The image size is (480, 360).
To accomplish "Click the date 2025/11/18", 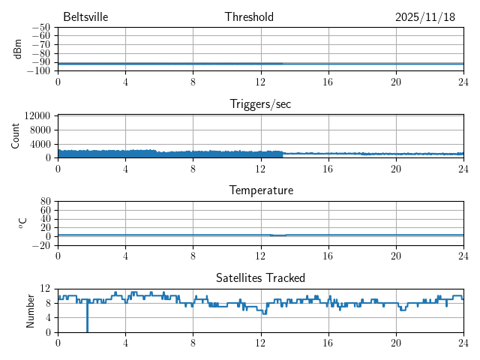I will (425, 17).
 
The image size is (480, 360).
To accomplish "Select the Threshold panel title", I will (249, 17).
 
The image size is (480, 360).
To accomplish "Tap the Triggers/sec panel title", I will (260, 104).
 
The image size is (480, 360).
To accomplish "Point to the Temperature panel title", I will (260, 190).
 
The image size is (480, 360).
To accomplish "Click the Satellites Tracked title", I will (260, 277).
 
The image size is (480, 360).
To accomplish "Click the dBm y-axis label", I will (18, 49).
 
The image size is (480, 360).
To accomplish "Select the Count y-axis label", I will (16, 136).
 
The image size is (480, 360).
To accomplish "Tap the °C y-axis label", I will (22, 223).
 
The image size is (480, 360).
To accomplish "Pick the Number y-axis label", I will (31, 310).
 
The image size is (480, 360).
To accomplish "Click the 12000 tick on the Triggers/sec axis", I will (37, 115).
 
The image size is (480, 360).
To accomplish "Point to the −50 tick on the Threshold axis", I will (40, 28).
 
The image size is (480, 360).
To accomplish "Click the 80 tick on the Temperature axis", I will (45, 202).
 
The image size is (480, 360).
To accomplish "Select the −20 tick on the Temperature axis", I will (40, 245).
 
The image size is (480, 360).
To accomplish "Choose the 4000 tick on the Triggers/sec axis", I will (40, 144).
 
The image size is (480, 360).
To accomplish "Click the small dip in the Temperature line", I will (278, 235).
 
